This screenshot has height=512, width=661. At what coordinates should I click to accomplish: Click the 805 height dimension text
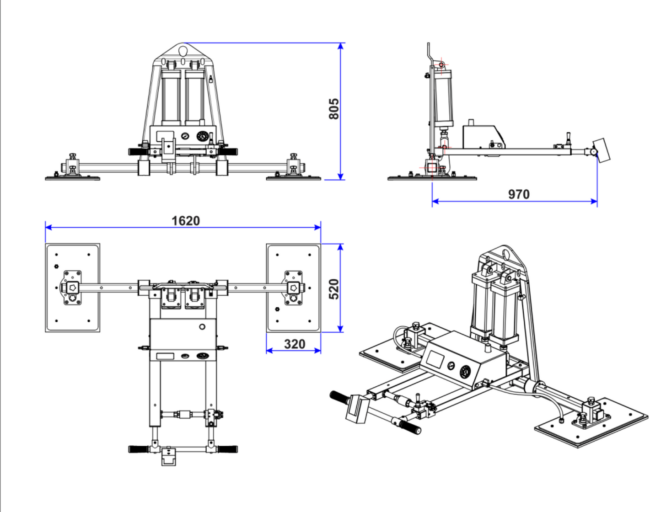click(x=334, y=109)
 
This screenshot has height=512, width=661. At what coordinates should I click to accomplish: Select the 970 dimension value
click(x=519, y=194)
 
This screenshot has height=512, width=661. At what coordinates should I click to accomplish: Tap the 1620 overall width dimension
click(x=186, y=221)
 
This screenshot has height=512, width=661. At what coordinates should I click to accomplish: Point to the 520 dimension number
click(x=334, y=289)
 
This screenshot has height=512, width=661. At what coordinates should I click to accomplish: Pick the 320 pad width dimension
click(x=294, y=344)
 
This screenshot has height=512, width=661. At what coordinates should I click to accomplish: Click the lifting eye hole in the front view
click(x=183, y=49)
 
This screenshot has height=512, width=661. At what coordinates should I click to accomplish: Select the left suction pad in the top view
click(x=72, y=288)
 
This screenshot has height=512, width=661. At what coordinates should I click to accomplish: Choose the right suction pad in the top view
click(x=293, y=288)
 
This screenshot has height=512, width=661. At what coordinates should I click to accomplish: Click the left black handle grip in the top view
click(x=138, y=449)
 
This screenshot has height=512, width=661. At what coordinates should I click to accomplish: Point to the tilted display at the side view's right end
click(x=602, y=150)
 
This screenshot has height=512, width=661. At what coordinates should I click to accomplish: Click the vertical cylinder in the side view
click(x=443, y=98)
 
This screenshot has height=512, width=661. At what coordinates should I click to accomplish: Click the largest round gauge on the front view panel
click(x=202, y=136)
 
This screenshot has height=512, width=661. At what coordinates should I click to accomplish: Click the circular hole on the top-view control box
click(x=202, y=327)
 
